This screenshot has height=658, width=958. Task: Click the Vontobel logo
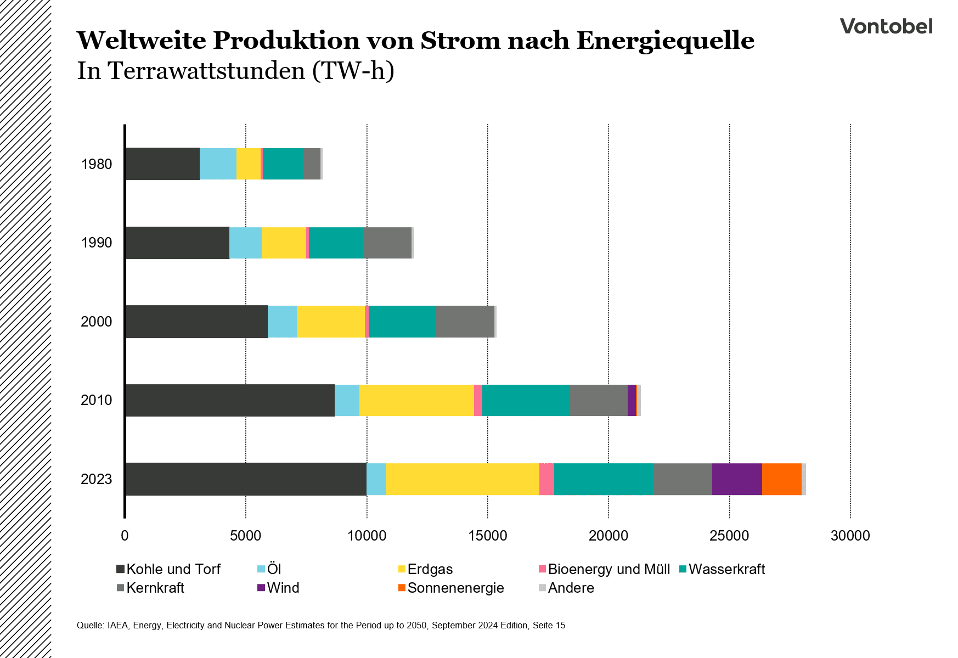[x=886, y=26]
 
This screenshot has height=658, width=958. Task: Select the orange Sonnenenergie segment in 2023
[x=781, y=479]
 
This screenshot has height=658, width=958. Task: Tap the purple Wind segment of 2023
[x=736, y=479]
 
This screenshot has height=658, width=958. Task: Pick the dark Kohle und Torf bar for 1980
[x=162, y=164]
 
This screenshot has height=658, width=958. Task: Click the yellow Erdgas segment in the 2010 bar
[x=416, y=400]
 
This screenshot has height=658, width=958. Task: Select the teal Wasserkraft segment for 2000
[x=402, y=321]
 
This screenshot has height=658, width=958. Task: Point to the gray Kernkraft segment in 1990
[x=387, y=243]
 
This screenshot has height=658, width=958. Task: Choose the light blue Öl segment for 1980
[x=218, y=164]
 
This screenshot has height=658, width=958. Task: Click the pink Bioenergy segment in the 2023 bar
[x=546, y=479]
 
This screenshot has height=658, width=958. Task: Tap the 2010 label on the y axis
[x=97, y=400]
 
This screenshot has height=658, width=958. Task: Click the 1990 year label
[x=97, y=243]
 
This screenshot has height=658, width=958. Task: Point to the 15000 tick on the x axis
[x=488, y=536]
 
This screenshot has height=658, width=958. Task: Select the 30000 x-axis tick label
[x=850, y=536]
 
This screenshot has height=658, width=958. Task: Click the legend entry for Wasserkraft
[x=726, y=569]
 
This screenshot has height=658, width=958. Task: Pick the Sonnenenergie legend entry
[x=455, y=588]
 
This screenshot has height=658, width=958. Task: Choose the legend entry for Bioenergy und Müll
[x=608, y=569]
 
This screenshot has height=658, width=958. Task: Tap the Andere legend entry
[x=571, y=588]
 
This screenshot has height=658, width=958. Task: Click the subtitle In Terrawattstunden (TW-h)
[x=235, y=71]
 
